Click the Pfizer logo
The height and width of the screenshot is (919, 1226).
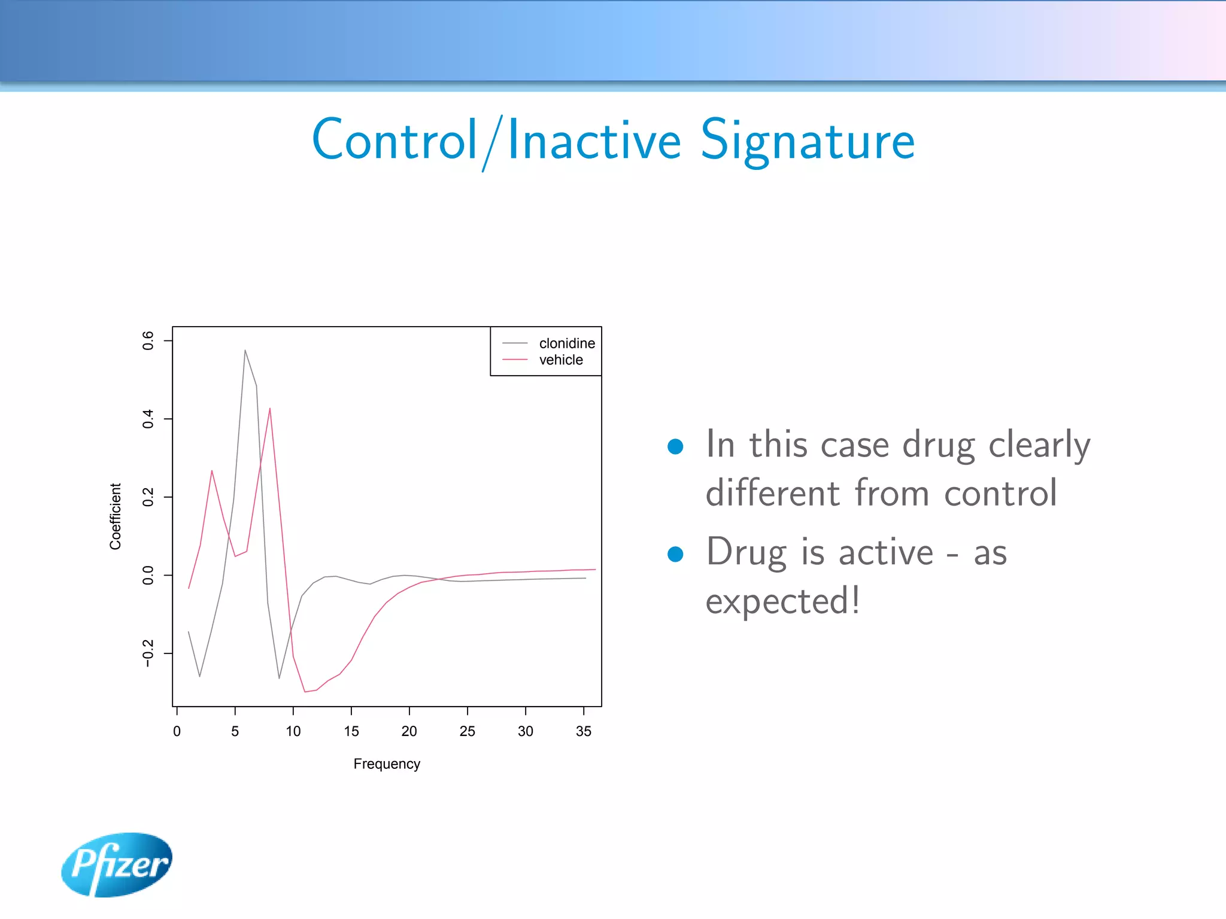click(x=117, y=864)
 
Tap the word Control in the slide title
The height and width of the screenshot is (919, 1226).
click(x=394, y=141)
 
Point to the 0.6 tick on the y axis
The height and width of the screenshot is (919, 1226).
click(x=148, y=340)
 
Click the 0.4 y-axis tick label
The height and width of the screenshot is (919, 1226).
click(x=148, y=419)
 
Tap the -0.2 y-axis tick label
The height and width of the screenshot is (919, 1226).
click(x=148, y=653)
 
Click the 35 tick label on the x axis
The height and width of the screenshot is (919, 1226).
click(x=583, y=731)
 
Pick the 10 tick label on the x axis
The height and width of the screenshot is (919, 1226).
click(x=293, y=731)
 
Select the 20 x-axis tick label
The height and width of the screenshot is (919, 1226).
click(x=409, y=731)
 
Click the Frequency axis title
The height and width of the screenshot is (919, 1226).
click(x=387, y=764)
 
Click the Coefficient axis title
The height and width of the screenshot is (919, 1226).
click(x=116, y=516)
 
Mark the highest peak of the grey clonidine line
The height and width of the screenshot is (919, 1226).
click(x=245, y=351)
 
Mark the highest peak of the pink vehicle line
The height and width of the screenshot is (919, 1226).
click(x=270, y=409)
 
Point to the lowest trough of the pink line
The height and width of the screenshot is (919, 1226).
click(x=305, y=692)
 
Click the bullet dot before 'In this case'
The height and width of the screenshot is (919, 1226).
click(x=675, y=446)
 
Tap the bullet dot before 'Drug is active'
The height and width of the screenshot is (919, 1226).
click(x=675, y=554)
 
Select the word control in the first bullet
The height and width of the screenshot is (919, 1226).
click(x=1000, y=493)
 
